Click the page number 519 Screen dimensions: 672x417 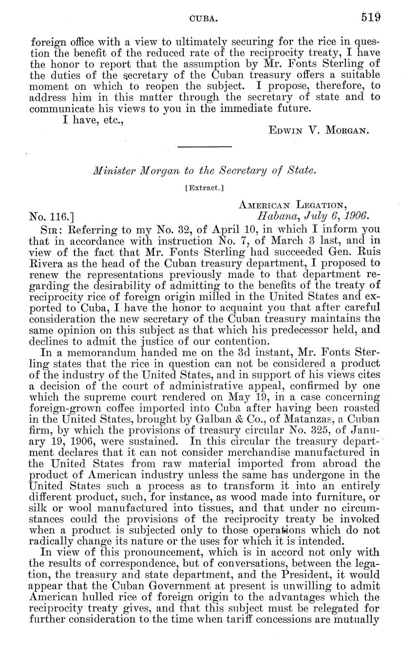371,18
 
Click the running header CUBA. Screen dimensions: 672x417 203,19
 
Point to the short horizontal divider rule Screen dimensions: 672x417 204,146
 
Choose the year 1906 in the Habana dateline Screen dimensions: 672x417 359,214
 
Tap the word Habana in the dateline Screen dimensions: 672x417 274,214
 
